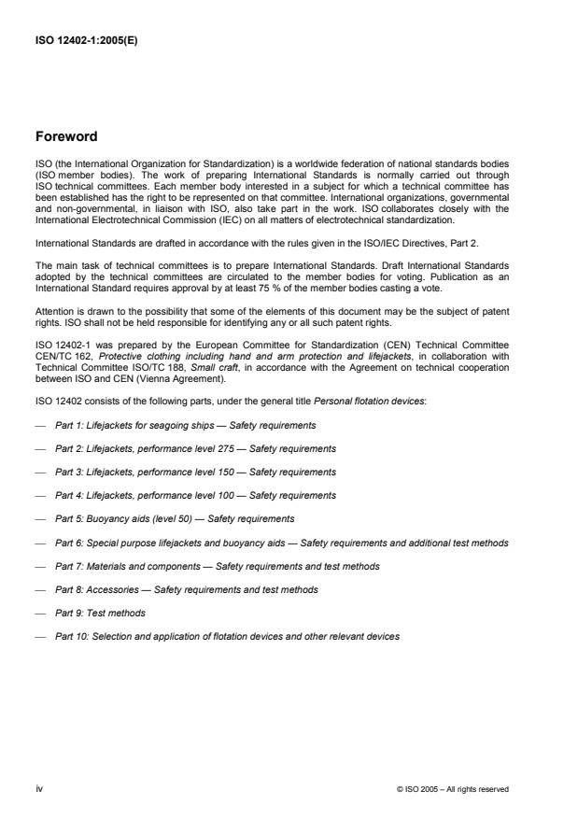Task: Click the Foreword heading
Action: (x=65, y=136)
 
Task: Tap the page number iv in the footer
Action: (x=38, y=788)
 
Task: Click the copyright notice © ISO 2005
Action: (x=453, y=789)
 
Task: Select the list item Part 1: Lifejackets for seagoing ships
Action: (x=185, y=425)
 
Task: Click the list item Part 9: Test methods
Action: (x=100, y=613)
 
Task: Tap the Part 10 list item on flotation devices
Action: (x=227, y=636)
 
